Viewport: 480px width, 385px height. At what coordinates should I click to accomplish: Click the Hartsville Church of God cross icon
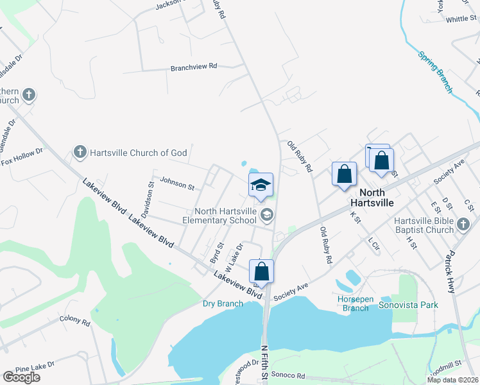click(80, 152)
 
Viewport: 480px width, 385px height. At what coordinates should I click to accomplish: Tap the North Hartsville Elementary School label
click(225, 216)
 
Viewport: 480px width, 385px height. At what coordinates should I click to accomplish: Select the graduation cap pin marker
click(261, 185)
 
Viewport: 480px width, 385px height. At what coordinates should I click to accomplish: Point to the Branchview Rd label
click(194, 67)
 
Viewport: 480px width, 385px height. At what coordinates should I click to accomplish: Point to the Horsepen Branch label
click(355, 304)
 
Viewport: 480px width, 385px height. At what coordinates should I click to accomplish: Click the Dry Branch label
click(223, 304)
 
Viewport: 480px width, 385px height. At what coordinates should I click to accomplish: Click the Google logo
click(21, 377)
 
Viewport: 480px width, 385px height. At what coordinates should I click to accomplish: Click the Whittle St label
click(459, 19)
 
